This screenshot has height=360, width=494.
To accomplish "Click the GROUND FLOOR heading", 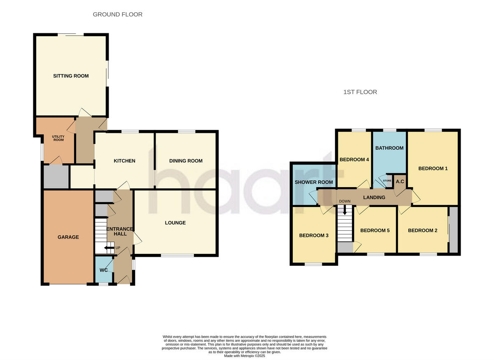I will [117, 14].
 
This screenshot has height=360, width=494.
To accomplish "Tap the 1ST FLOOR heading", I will [360, 92].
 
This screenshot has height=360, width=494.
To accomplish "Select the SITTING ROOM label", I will [71, 76].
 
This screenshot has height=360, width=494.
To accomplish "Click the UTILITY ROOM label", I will [58, 138].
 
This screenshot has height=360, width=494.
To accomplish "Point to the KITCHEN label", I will [124, 161].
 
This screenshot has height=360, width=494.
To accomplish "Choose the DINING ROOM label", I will [186, 161].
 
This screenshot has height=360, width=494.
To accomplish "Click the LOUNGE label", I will [175, 223].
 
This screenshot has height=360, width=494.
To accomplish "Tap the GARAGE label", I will [68, 237].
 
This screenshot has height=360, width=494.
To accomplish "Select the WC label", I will [104, 270].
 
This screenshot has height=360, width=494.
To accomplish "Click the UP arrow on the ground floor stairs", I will [108, 248].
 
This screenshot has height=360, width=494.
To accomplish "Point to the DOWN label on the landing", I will [345, 201].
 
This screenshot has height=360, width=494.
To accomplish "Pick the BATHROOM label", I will [389, 148].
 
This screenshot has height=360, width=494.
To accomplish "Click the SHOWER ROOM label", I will [314, 182].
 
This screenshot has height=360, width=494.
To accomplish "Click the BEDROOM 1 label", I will [433, 168].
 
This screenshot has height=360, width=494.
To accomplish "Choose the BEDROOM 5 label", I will [375, 231].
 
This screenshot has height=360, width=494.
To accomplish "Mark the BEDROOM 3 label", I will [314, 236].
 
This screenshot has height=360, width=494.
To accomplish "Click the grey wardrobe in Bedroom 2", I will [454, 230].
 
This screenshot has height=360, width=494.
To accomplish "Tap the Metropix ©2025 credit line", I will [245, 356].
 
